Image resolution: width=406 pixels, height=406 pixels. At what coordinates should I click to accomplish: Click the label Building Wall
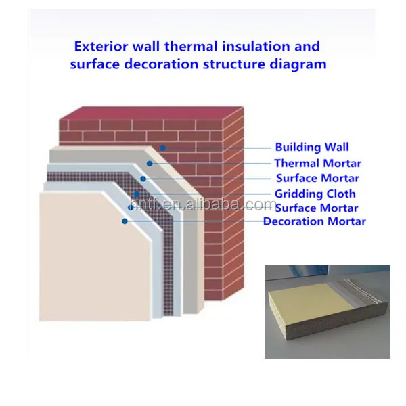[311, 147]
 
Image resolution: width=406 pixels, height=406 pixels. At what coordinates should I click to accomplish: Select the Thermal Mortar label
[317, 163]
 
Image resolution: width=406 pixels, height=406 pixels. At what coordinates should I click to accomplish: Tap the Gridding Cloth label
[315, 194]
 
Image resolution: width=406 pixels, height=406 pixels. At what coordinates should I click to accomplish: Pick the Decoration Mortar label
[315, 221]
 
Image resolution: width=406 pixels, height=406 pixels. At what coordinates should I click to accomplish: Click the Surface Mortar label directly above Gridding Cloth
[317, 179]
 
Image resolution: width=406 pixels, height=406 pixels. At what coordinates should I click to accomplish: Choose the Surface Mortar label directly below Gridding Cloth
[317, 208]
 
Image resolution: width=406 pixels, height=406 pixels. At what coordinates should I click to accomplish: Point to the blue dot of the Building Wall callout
[162, 147]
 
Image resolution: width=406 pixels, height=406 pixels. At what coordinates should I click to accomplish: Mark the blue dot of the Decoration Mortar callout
[125, 221]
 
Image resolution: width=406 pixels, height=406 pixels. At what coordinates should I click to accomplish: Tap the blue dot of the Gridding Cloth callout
[135, 194]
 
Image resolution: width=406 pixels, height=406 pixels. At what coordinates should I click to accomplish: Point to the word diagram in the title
[298, 65]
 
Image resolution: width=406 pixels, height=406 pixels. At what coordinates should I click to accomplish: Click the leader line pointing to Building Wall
[217, 147]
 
